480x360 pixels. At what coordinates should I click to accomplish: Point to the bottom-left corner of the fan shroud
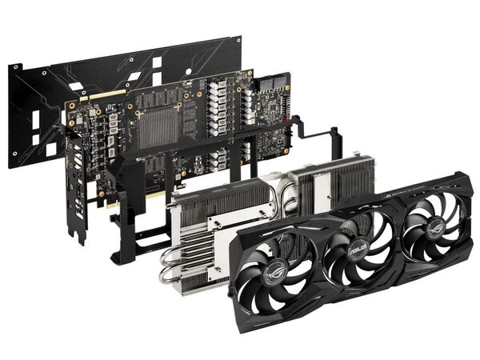pyautogui.click(x=239, y=312)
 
